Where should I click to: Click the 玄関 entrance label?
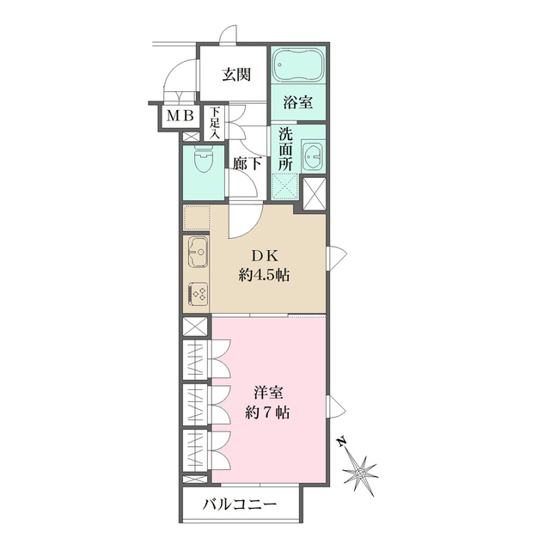pyautogui.click(x=236, y=74)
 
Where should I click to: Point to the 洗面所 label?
pyautogui.click(x=285, y=149)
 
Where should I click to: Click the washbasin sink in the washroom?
pyautogui.click(x=315, y=157)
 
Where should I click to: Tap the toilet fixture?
pyautogui.click(x=201, y=161)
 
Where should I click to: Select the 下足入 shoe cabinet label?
pyautogui.click(x=215, y=123)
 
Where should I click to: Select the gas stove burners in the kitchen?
pyautogui.click(x=197, y=294)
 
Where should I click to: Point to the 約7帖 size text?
pyautogui.click(x=266, y=412)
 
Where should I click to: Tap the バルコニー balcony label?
pyautogui.click(x=240, y=504)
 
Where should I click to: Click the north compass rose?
pyautogui.click(x=359, y=469)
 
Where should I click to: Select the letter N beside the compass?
pyautogui.click(x=341, y=442)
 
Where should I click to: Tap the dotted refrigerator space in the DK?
pyautogui.click(x=198, y=218)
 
